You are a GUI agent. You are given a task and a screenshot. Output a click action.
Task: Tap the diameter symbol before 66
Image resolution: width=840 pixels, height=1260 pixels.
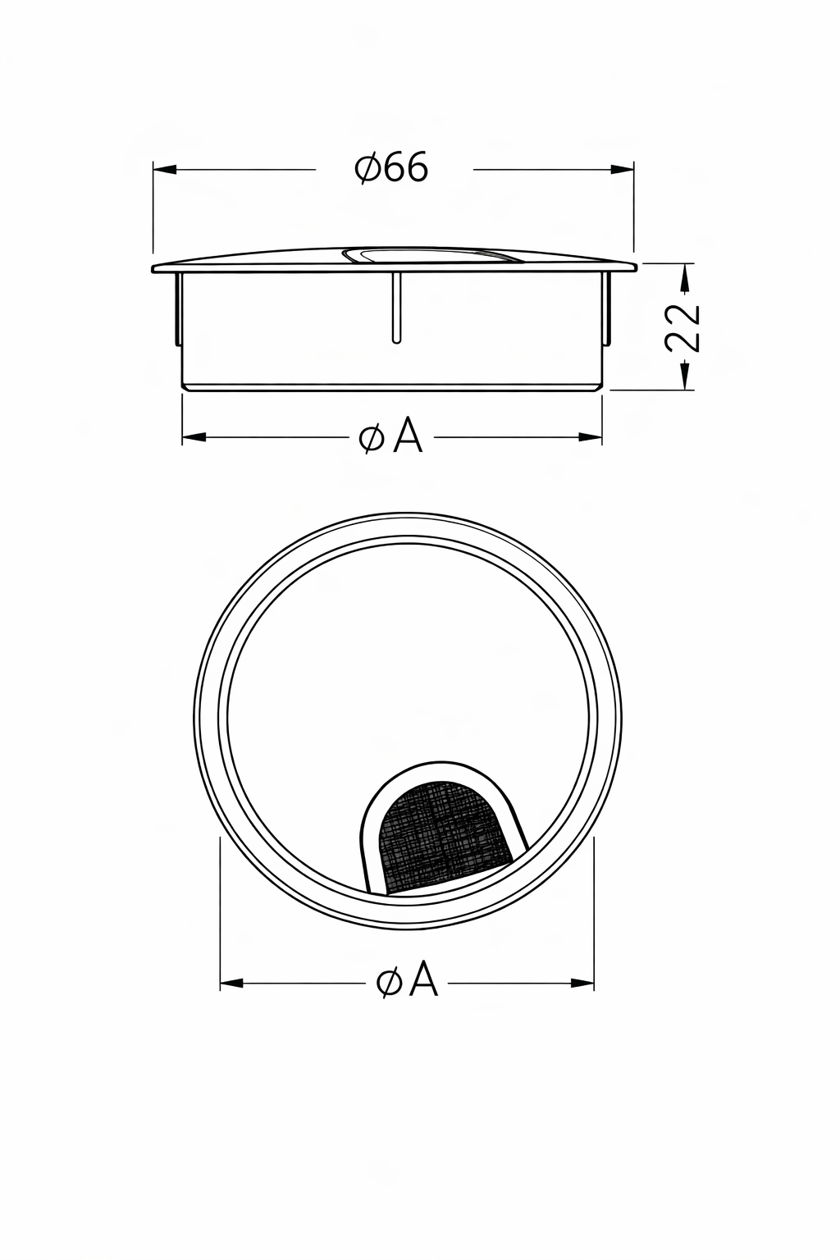[367, 169]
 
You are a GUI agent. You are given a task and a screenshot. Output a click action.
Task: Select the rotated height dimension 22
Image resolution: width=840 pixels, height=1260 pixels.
[683, 327]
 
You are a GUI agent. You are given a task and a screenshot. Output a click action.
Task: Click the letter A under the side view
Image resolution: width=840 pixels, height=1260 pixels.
[408, 436]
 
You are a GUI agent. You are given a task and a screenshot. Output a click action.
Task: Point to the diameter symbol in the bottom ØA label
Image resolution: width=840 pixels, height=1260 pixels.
[388, 981]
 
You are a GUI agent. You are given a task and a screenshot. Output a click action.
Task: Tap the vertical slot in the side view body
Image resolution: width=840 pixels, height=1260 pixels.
[396, 307]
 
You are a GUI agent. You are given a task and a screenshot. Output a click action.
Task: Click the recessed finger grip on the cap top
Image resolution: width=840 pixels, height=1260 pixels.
[435, 256]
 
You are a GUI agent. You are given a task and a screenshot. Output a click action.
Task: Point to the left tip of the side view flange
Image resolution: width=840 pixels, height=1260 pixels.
[155, 268]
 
